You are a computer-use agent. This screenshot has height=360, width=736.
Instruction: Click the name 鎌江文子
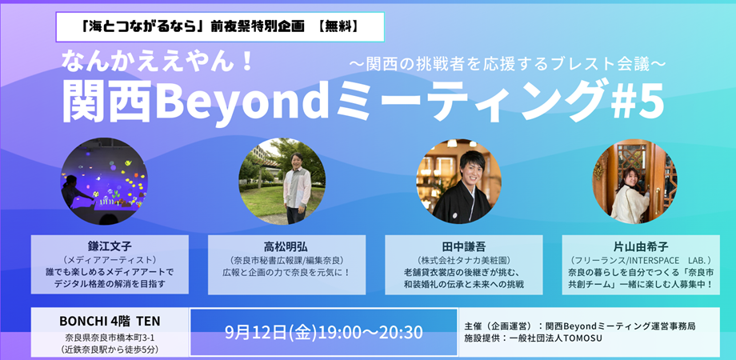pos(110,245)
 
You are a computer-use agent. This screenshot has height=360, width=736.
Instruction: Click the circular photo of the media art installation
pos(104,181)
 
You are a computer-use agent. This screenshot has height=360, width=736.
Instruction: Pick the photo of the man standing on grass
pos(282,181)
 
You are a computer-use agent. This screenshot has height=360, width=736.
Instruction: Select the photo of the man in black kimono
pos(458,181)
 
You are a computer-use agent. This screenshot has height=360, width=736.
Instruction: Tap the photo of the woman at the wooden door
pos(634,181)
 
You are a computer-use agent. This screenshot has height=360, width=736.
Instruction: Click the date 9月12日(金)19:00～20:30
pos(324,332)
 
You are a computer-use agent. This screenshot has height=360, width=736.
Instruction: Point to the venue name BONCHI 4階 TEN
pos(110,322)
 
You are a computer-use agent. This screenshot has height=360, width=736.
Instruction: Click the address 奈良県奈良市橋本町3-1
pos(110,338)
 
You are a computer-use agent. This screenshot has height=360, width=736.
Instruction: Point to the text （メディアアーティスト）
pos(110,259)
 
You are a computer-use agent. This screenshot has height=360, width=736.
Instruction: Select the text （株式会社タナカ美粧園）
pos(464,261)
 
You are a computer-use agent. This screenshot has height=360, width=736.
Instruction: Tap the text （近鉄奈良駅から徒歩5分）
pos(110,350)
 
